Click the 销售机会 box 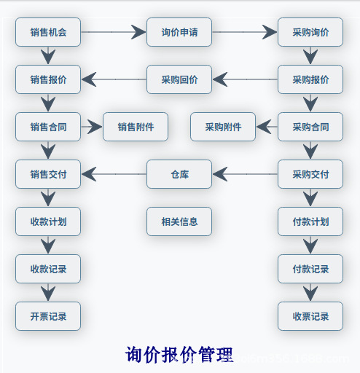point(48,32)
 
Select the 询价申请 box point(179,32)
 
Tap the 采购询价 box point(310,32)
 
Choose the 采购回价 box point(179,79)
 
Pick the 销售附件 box point(136,127)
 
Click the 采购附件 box point(223,127)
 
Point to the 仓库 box point(179,174)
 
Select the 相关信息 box point(179,221)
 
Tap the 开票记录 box point(48,316)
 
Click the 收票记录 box point(310,316)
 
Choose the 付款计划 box point(310,221)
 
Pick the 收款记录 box point(48,269)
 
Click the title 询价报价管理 point(179,355)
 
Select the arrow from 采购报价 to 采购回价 point(244,79)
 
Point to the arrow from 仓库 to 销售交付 point(114,174)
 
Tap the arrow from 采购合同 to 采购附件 point(267,127)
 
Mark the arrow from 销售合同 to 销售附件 point(92,127)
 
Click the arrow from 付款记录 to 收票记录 point(310,292)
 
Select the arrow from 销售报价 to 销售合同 point(48,103)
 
